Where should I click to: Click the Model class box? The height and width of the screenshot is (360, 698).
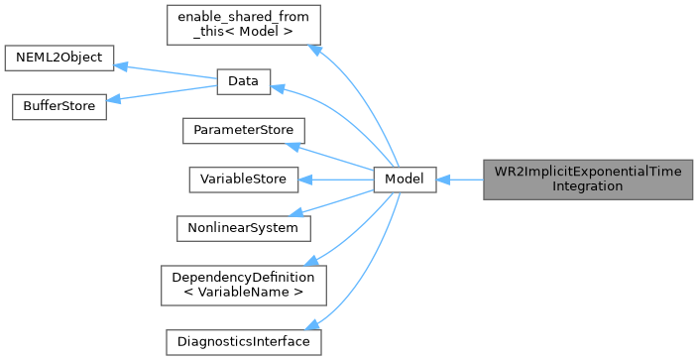click(x=405, y=180)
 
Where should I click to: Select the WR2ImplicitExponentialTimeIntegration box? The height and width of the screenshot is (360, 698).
click(x=588, y=180)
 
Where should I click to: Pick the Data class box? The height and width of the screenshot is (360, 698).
click(x=243, y=82)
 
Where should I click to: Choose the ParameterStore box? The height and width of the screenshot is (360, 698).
click(x=242, y=131)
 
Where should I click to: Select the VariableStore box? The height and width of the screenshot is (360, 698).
click(x=243, y=180)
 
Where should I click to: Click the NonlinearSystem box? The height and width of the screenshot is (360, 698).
click(x=243, y=228)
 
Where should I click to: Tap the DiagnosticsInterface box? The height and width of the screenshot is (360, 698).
click(x=243, y=341)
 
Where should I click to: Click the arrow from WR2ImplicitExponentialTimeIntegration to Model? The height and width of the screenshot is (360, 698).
click(x=459, y=180)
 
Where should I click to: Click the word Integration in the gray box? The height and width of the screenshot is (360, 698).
click(x=588, y=186)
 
